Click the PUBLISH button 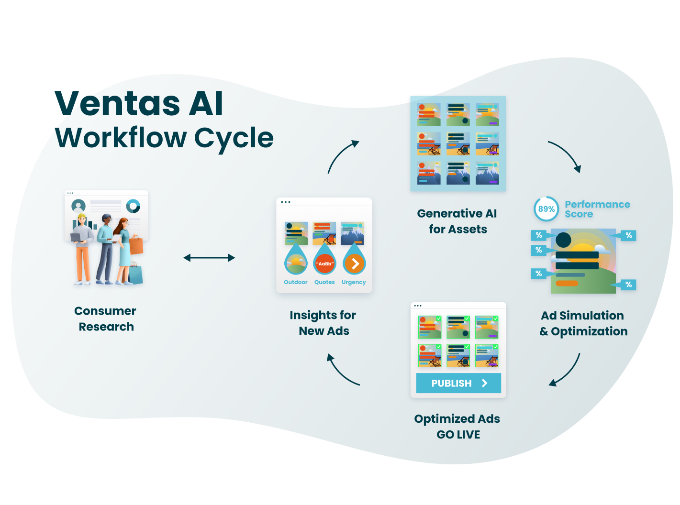point(458,383)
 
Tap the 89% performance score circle point(546,209)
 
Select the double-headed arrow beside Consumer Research point(209,258)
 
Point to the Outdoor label point(296,282)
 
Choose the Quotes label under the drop point(324,282)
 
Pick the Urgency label point(354,282)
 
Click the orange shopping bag point(136,245)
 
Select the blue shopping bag point(135,274)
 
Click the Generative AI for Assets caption point(457,221)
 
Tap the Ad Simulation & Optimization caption point(583,323)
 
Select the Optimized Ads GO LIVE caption point(457,427)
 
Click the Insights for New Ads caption point(323,323)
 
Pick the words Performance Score point(597,209)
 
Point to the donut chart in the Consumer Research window point(133,206)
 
